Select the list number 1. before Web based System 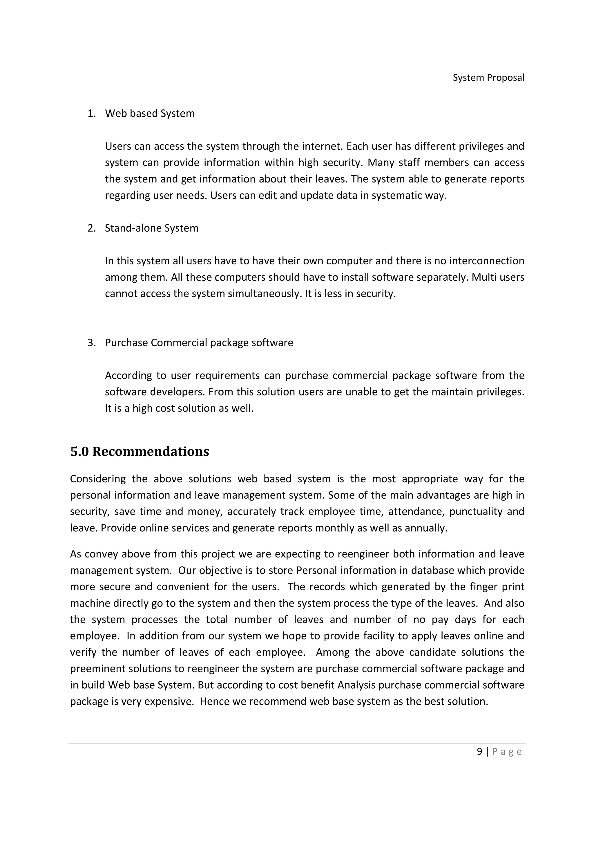click(91, 113)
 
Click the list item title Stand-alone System click(151, 228)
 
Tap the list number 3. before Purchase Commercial click(91, 343)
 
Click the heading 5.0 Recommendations click(140, 451)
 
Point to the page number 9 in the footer click(479, 752)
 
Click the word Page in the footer click(507, 752)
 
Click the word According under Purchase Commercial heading click(128, 376)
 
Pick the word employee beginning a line click(94, 636)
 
